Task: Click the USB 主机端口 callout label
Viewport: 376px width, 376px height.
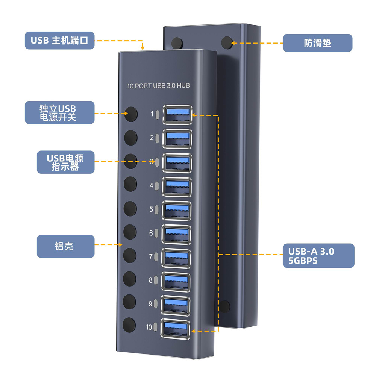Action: pos(59,41)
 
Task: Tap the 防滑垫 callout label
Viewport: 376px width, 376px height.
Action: pos(317,43)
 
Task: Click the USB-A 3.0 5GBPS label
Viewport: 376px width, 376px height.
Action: pos(318,256)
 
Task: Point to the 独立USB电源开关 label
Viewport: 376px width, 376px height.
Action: pos(59,112)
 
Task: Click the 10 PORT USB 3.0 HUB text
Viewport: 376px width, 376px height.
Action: pos(158,86)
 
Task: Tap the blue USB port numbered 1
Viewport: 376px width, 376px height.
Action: pos(177,114)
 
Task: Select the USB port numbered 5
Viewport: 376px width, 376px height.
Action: pos(177,211)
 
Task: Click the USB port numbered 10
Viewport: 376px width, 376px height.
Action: pos(176,330)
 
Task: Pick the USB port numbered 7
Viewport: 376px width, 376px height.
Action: pos(176,258)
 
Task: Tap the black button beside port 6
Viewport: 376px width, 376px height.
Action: pos(129,232)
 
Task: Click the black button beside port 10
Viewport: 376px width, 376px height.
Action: pos(129,325)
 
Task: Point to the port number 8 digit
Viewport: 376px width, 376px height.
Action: pos(151,280)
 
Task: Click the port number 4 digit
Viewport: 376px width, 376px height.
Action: pos(152,185)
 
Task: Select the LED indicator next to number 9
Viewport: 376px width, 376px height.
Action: pos(156,304)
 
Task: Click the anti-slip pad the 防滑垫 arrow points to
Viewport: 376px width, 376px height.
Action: pos(227,42)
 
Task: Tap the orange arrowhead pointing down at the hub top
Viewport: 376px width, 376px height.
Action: pos(143,47)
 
